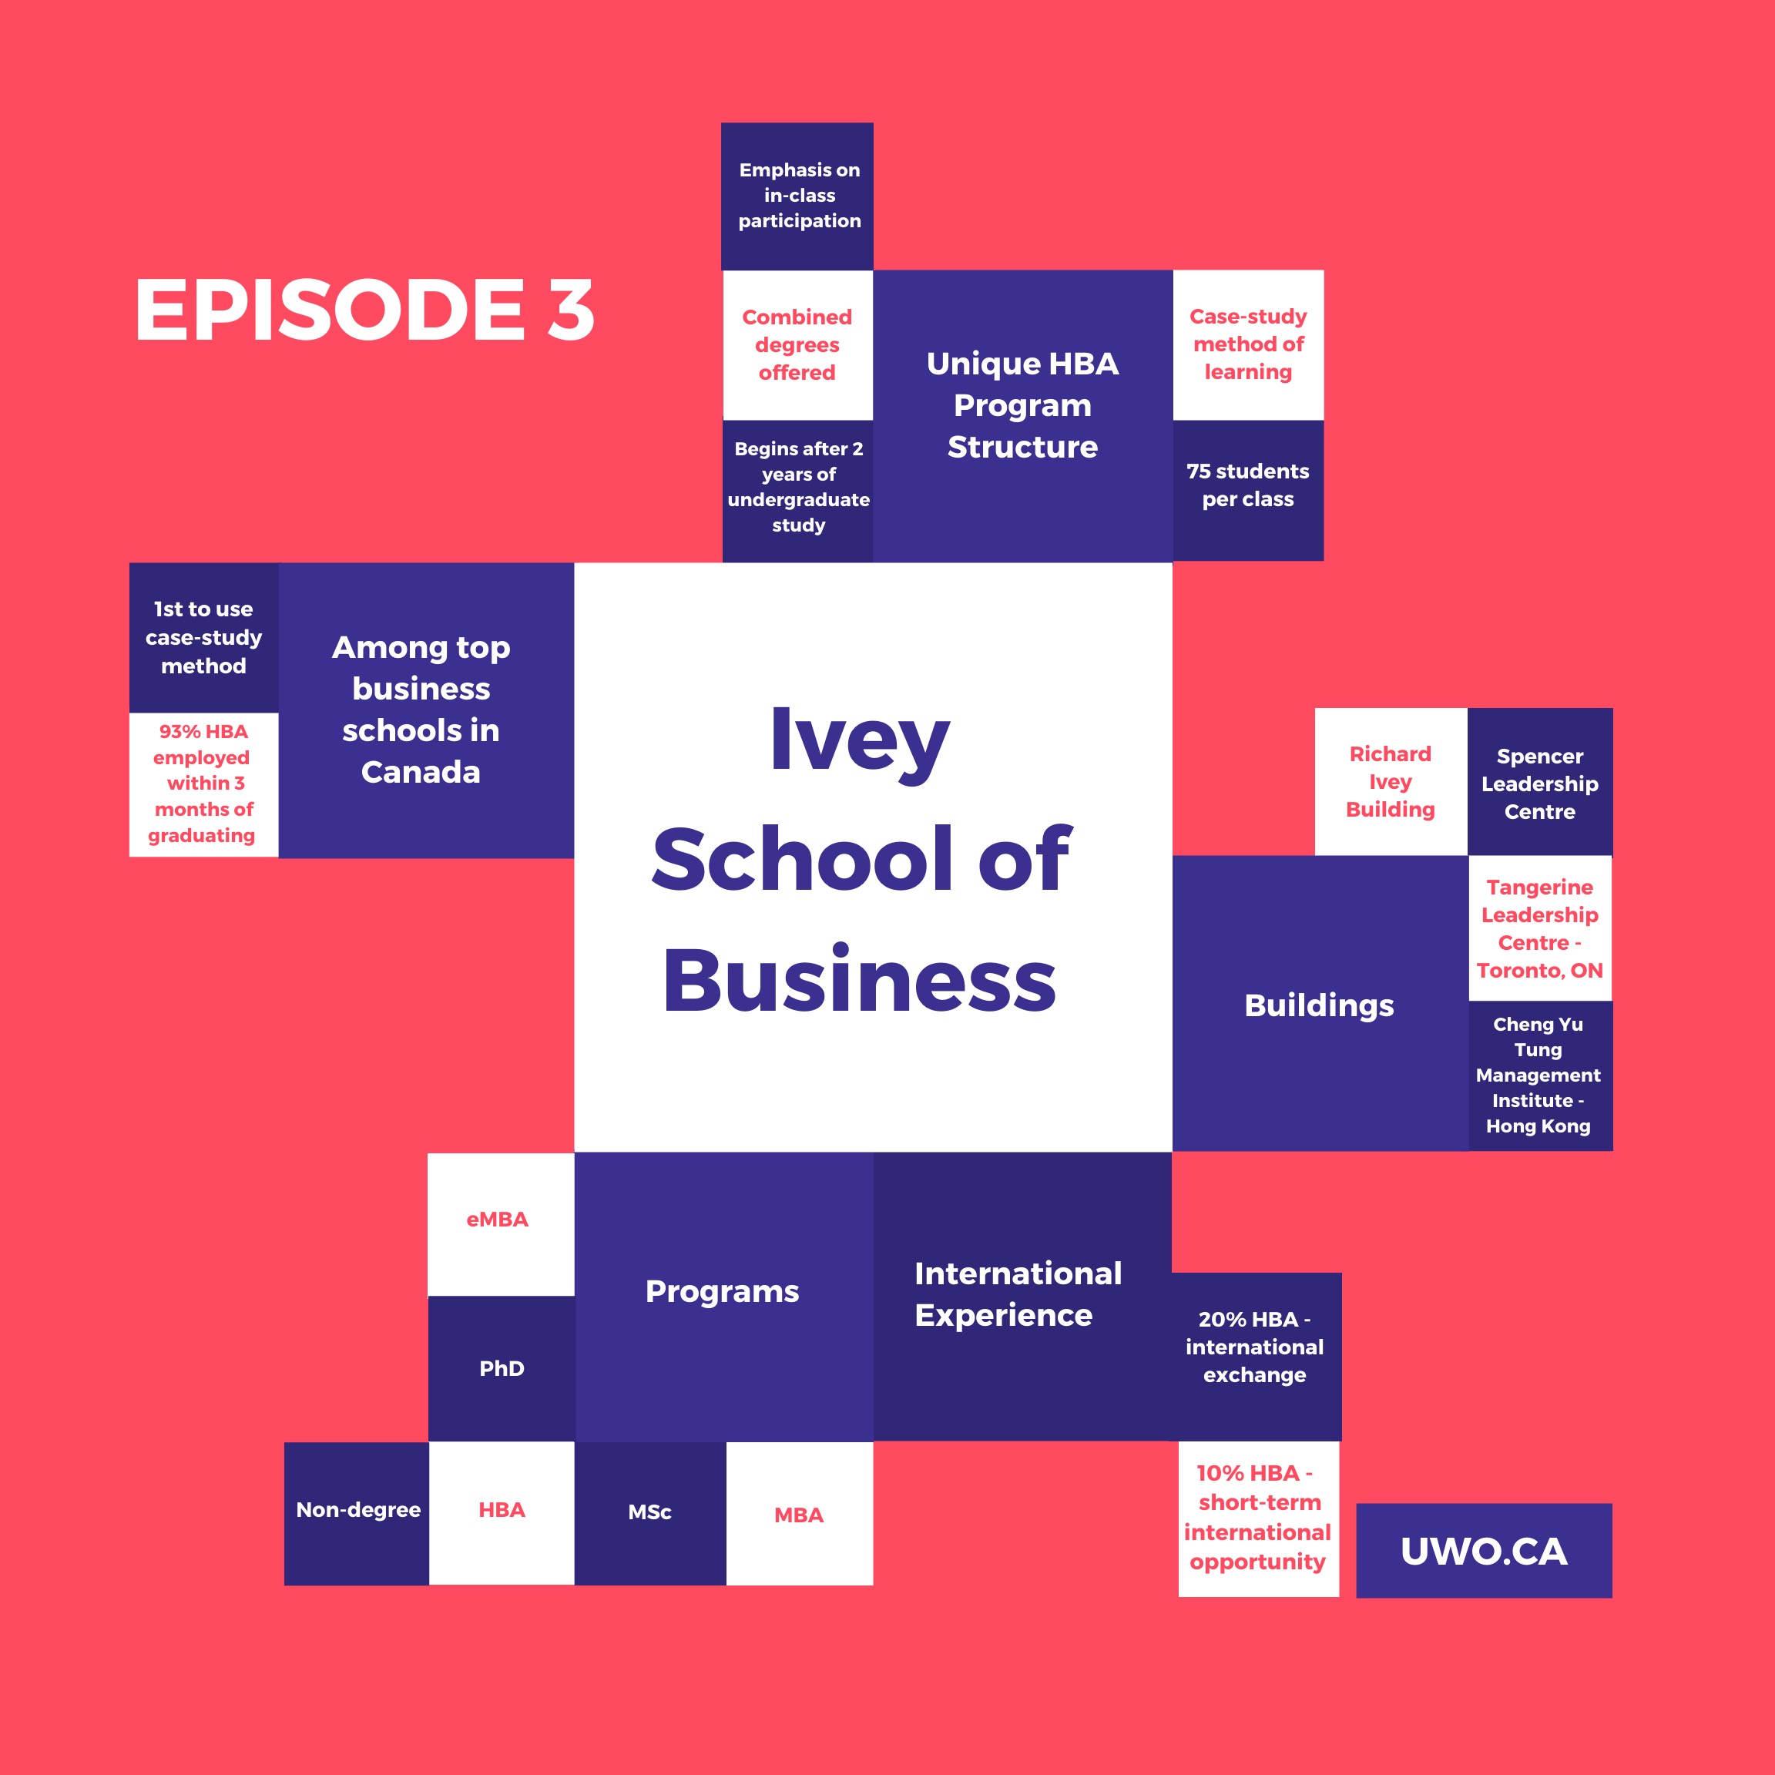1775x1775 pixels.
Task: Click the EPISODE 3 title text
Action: point(364,310)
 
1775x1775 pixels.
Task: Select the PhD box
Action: point(502,1369)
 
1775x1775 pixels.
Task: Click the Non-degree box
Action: point(357,1512)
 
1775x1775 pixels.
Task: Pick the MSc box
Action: point(649,1513)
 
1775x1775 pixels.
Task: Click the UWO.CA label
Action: point(1483,1552)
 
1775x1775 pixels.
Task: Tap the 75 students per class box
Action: point(1247,488)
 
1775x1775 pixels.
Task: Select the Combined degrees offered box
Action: point(797,344)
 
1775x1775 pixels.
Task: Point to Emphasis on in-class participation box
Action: point(797,196)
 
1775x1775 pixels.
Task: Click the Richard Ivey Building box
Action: point(1390,782)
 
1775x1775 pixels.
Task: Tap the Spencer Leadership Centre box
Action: point(1540,783)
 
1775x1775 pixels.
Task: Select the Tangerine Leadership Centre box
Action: point(1540,929)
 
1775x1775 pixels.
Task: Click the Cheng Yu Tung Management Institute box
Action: point(1540,1075)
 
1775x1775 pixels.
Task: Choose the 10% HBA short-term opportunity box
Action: point(1258,1518)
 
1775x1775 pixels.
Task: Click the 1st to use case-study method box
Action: point(203,638)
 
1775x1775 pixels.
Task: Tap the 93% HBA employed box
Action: point(203,783)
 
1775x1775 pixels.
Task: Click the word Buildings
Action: point(1318,1005)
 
